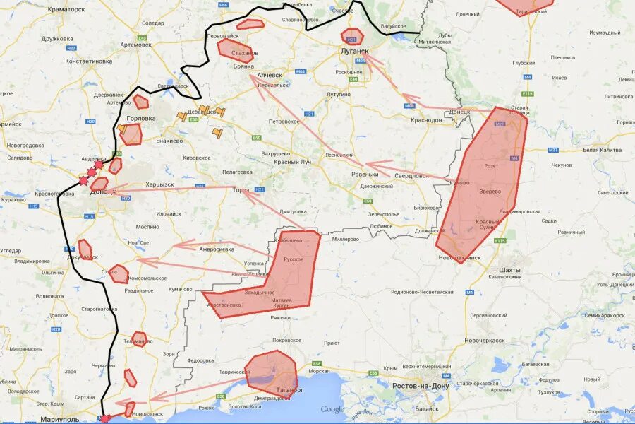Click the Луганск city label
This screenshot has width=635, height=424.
point(354,52)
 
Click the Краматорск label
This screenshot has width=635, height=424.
point(66,9)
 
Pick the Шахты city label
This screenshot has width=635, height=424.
point(509,270)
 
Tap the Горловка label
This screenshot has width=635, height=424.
point(140,119)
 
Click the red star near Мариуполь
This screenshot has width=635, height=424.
point(105,418)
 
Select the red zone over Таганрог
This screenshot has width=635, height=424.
point(272,372)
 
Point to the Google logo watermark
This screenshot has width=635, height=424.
point(332,409)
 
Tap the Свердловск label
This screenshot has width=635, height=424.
point(411,175)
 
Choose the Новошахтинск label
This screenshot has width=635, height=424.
point(459,258)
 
